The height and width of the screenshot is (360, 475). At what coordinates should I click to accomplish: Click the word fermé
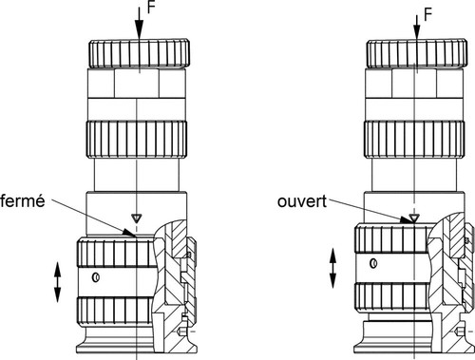point(23,201)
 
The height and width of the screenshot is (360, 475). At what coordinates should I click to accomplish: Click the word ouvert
point(302,201)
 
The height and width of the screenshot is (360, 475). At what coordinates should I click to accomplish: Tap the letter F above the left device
point(151,7)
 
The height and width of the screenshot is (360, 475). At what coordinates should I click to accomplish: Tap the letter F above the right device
point(428,14)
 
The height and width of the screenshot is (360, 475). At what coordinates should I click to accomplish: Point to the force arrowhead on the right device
point(417,33)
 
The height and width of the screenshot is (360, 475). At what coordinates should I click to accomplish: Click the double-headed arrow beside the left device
point(57,282)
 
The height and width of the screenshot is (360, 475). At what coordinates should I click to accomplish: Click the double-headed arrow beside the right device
point(332,268)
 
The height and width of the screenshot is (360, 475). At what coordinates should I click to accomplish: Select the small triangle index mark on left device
point(137,218)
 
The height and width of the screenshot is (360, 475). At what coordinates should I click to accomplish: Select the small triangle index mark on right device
point(413,218)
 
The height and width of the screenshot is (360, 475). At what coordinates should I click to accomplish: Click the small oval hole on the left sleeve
point(96,277)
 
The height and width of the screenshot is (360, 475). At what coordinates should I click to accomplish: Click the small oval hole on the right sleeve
point(374,263)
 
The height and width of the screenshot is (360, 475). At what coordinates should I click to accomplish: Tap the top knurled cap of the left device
point(139,53)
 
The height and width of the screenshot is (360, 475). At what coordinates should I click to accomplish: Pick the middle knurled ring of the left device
point(137,139)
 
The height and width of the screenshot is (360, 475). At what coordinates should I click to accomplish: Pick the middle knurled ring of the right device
point(414,139)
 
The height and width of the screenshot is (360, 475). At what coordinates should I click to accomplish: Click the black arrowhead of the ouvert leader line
point(407,219)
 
